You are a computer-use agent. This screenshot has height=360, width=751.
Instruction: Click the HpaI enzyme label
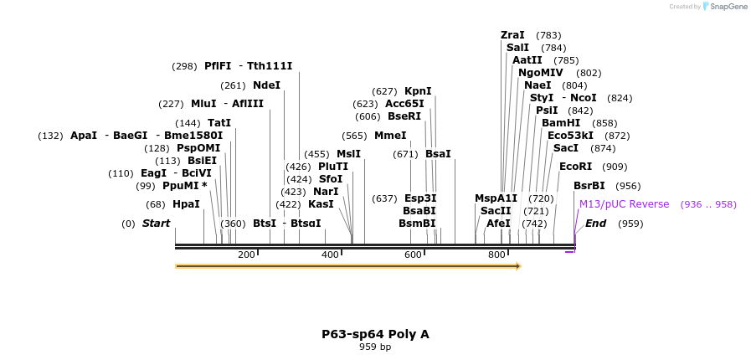tap(186, 204)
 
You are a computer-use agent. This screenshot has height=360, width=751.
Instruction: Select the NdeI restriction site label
tap(266, 85)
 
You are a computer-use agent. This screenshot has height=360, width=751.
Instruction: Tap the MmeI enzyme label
tap(390, 136)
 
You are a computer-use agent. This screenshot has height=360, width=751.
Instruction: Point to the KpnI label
tap(418, 91)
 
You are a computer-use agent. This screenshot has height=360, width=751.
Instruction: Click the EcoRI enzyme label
tap(575, 167)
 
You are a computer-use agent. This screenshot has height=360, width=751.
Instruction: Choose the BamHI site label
tap(561, 123)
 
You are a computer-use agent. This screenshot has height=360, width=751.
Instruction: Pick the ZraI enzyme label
tap(512, 35)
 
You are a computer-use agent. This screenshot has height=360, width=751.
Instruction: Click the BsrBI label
tap(589, 186)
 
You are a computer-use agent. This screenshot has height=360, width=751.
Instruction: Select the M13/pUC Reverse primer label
tap(625, 204)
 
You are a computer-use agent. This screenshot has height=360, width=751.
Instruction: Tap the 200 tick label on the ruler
tap(246, 255)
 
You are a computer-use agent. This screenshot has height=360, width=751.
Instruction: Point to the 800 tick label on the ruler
tap(496, 255)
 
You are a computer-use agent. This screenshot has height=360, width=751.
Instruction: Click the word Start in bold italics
tap(156, 224)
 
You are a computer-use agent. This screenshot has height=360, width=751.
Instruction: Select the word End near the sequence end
tap(595, 224)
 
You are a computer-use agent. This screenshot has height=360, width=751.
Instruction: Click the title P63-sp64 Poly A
tap(375, 334)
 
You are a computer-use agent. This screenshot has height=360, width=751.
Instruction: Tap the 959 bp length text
tap(375, 347)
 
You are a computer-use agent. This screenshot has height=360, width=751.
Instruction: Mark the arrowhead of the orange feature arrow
tap(517, 266)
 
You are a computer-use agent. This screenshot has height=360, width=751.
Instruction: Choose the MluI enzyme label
tap(203, 104)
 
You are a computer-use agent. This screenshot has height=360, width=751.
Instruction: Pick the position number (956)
tap(628, 186)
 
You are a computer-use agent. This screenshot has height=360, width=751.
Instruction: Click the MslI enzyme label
tap(348, 154)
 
